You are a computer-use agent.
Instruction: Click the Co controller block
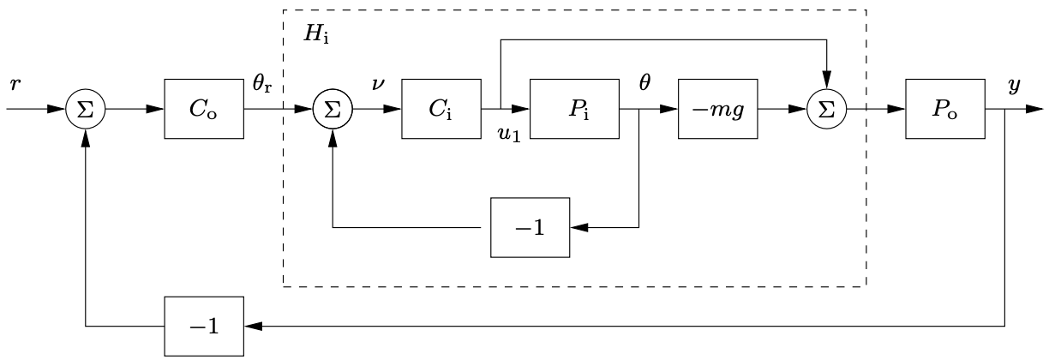(204, 110)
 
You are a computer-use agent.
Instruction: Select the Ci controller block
(441, 110)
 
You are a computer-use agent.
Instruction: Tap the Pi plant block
(574, 110)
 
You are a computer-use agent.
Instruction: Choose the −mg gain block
(717, 110)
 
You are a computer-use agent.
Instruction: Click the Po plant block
(945, 110)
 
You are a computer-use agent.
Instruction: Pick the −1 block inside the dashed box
(530, 228)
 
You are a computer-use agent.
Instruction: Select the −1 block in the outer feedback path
(204, 326)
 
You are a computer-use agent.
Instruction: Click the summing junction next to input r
(87, 110)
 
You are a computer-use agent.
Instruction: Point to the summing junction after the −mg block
(826, 110)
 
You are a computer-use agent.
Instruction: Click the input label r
(15, 85)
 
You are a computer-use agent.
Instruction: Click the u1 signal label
(509, 135)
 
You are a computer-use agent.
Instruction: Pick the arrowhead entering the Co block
(156, 110)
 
